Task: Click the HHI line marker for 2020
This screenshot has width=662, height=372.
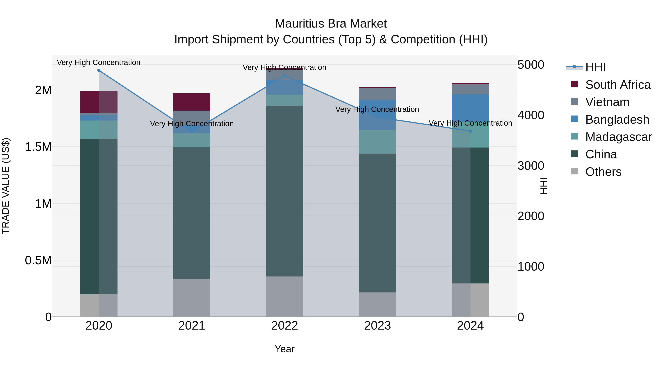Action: coord(99,70)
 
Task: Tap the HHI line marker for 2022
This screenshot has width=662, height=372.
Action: coord(284,76)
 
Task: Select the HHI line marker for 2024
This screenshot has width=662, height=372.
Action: coord(470,131)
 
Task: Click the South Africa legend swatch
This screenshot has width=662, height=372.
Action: coord(574,84)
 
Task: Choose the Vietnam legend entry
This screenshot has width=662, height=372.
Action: coord(607,102)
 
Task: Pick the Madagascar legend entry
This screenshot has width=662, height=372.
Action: coord(618,137)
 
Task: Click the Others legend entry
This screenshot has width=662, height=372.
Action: coord(603,172)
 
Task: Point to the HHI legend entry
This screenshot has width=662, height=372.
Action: coord(595,67)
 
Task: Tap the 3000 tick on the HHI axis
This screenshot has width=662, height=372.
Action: coord(531,166)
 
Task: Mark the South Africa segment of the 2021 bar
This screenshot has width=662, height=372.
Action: coord(192,102)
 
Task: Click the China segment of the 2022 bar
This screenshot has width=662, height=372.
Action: coord(284,191)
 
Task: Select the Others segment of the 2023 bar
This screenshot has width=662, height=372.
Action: coord(377,305)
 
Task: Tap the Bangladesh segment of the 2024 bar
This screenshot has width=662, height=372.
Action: coord(470,108)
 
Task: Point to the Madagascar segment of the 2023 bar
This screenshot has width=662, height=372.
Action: coord(377,142)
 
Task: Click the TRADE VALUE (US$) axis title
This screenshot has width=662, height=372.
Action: coord(6,186)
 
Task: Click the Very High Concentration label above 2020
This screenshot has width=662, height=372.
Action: coord(99,63)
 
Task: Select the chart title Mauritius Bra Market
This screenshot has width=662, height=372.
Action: coord(331,24)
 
